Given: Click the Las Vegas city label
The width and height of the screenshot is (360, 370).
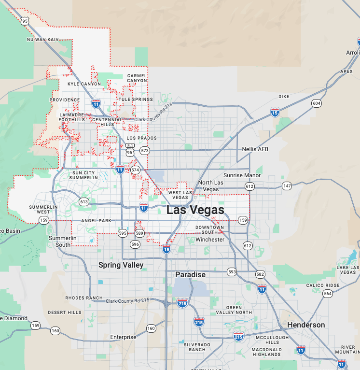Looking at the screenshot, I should tap(195, 210).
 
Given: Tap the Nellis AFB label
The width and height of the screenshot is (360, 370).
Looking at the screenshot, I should tap(255, 149).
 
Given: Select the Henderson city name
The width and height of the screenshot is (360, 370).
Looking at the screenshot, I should tap(306, 325).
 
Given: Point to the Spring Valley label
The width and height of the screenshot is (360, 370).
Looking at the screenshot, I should tap(121, 265).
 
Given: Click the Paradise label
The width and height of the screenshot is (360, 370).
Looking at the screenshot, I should tap(190, 274).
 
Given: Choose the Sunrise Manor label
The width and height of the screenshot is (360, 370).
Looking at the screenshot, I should tap(242, 175).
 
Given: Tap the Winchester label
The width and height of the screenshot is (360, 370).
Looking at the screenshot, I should tap(210, 240).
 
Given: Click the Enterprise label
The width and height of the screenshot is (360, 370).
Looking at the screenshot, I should tap(123, 337).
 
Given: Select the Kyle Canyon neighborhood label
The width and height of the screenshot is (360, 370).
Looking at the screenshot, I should tap(84, 84).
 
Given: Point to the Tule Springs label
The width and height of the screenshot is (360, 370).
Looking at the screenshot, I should tap(136, 100).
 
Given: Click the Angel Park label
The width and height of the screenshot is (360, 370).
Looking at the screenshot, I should tap(96, 221).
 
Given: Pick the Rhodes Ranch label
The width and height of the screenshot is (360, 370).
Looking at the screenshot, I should tap(84, 298).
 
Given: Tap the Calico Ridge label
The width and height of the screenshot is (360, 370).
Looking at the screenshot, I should tap(323, 285).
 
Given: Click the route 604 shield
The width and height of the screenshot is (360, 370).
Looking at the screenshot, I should tap(316, 103).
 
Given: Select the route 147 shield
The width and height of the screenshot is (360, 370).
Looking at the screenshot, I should tap(287, 186).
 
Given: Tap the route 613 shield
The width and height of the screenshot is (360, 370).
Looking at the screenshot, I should tap(84, 202).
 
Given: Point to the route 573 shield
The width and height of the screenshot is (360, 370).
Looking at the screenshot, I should tap(145, 151).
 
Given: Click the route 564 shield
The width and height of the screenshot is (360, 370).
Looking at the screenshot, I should tap(328, 294).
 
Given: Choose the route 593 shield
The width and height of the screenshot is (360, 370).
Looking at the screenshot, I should tap(232, 272).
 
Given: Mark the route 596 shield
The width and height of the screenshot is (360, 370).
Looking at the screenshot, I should tap(135, 244).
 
